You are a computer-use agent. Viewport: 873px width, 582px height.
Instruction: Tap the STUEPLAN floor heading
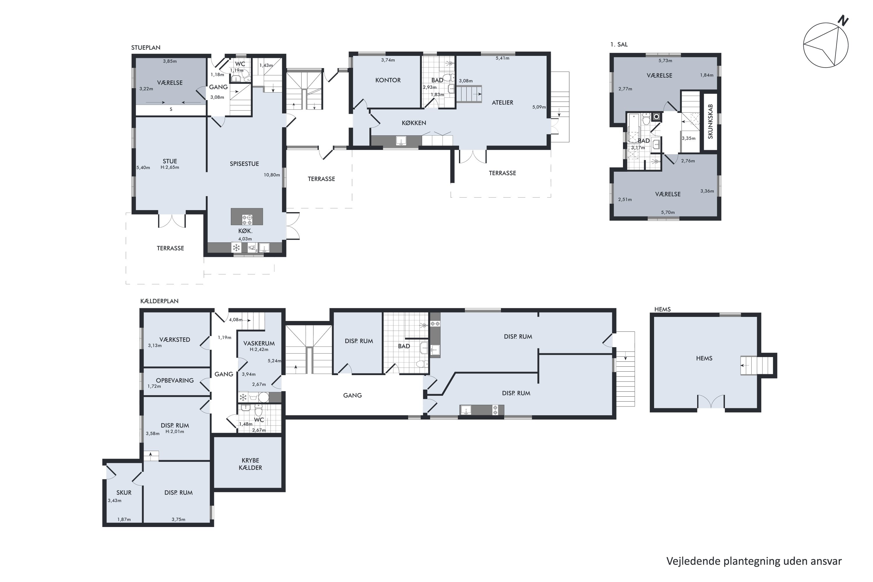coord(146,47)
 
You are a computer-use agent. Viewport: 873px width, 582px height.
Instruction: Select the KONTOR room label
coord(388,80)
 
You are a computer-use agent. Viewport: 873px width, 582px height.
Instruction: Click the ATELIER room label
coord(503,102)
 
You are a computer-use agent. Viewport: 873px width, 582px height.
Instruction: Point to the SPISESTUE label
coord(244,164)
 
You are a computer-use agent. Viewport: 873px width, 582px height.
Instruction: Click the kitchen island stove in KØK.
coord(247,220)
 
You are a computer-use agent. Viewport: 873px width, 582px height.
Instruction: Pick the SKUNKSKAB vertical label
coord(710,121)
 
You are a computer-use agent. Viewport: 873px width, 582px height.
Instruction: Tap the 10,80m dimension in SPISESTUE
coord(272,175)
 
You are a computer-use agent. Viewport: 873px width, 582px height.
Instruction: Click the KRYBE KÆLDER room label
coord(250,464)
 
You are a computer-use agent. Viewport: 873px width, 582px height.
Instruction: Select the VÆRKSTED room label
coord(175,340)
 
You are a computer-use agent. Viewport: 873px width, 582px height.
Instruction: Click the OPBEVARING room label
coord(175,380)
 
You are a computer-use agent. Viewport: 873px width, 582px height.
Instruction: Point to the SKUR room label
coord(124,493)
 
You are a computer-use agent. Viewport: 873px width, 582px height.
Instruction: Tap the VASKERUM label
coord(259,343)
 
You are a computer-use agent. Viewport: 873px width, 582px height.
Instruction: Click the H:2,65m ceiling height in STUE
coord(170,167)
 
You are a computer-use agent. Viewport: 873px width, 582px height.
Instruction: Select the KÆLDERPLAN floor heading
coord(159,301)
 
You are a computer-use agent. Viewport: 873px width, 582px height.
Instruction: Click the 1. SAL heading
coord(619,45)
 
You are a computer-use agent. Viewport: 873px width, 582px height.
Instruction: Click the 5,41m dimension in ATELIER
coord(503,58)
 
